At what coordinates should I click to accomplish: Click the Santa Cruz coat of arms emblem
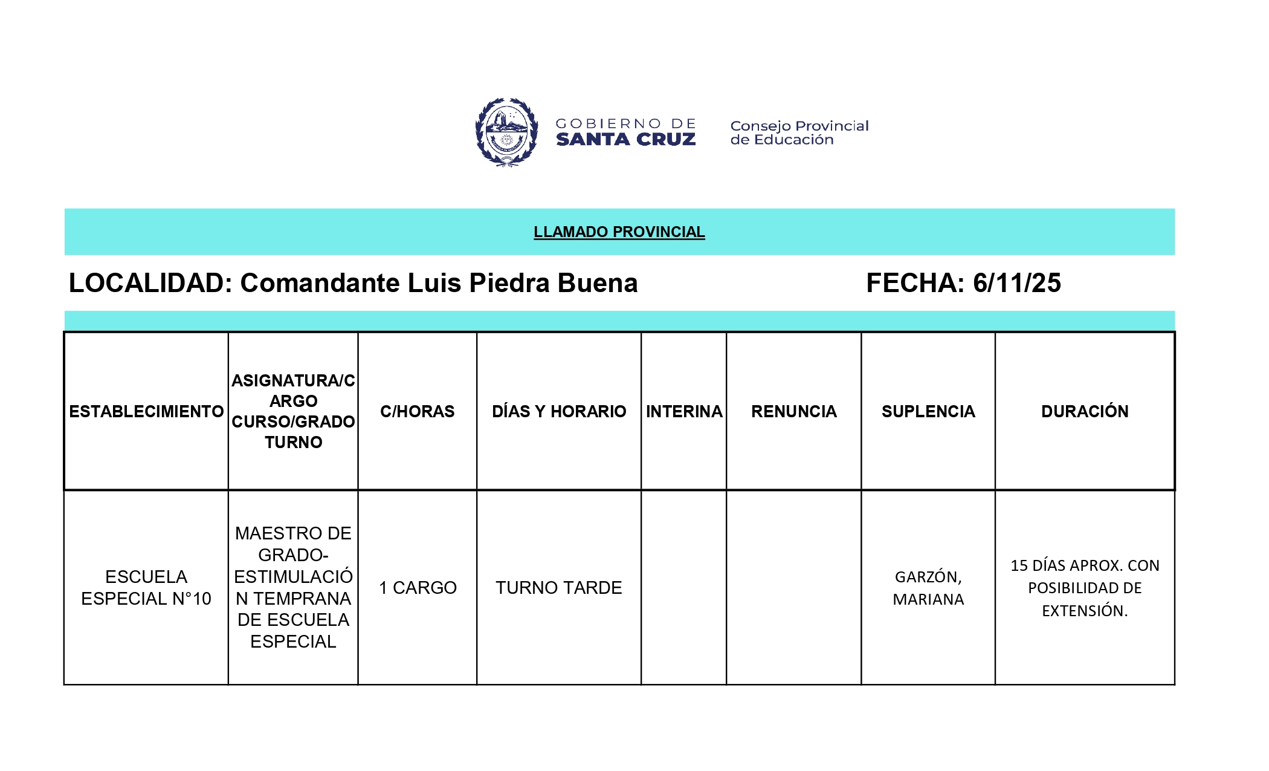pos(506,132)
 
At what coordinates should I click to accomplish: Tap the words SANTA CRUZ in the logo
pos(625,140)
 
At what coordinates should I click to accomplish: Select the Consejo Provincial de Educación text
pos(799,132)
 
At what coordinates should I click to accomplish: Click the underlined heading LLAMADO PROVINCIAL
pos(619,232)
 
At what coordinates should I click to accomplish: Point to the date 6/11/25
pos(1016,283)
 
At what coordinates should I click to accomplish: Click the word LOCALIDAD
pos(150,283)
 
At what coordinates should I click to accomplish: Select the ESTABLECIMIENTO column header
pos(146,412)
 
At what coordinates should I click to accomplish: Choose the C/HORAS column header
pos(417,412)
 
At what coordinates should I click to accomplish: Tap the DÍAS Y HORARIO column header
pos(559,412)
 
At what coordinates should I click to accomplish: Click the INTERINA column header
pos(683,412)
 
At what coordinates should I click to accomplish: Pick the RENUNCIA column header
pos(793,412)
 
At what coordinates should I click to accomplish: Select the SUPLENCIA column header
pos(928,412)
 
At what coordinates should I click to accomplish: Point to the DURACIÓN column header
pos(1085,412)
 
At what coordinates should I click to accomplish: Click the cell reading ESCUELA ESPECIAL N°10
pos(146,587)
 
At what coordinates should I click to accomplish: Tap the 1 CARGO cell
pos(418,588)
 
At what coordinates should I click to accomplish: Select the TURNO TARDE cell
pos(559,588)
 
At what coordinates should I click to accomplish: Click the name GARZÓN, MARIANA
pos(928,588)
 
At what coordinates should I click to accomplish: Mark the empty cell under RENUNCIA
pos(793,588)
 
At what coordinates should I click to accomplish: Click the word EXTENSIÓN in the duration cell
pos(1084,611)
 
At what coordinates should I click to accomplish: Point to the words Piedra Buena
pos(553,283)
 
